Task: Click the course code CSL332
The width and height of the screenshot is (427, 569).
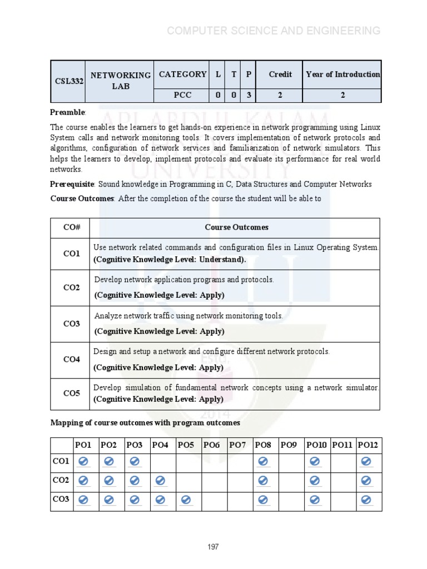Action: coord(69,81)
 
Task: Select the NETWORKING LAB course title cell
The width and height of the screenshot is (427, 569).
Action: coord(121,81)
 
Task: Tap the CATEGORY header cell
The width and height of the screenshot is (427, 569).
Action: coord(182,74)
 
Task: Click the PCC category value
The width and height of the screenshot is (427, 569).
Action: coord(182,95)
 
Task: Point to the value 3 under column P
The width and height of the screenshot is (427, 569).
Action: coord(249,95)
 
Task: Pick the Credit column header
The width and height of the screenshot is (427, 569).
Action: coord(280,74)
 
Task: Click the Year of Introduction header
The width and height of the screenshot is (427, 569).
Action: coord(342,74)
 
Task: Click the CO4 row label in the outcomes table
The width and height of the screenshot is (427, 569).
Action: coord(71,360)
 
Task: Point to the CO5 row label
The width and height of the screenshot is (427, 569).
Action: coord(71,393)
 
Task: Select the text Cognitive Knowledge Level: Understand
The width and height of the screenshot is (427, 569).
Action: coord(169,259)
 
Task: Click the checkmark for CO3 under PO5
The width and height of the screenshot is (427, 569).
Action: coord(186,501)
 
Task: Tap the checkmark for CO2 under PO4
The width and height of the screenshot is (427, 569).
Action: coord(160,481)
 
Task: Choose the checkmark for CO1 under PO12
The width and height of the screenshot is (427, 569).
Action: coord(366,462)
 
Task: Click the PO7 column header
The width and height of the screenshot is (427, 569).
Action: coord(237,445)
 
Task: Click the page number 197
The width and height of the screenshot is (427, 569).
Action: coord(213,547)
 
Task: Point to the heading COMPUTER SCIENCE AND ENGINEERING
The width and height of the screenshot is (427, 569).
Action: coord(274,31)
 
